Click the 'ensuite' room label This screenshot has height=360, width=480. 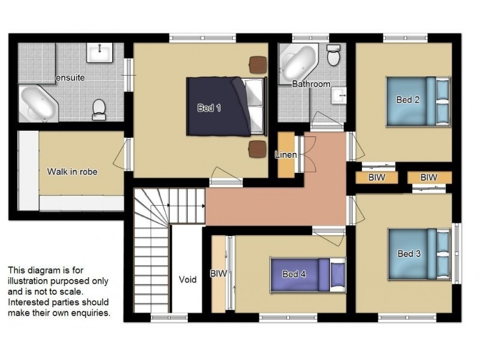point(70,78)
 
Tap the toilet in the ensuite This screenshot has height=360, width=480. point(99,110)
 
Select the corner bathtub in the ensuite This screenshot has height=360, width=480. point(38,103)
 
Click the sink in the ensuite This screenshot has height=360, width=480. point(100,53)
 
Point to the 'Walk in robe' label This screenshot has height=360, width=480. point(72,172)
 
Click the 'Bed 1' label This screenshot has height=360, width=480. point(209,108)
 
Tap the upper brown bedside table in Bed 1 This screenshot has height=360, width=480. point(258,65)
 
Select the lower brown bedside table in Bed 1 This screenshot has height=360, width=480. point(257,149)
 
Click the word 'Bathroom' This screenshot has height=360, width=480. point(311,84)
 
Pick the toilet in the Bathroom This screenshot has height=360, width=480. point(334,55)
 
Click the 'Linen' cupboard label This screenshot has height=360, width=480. point(286,155)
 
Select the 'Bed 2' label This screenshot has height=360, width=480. point(408,100)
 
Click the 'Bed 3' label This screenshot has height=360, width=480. point(409,254)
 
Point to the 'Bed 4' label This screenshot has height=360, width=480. point(294,274)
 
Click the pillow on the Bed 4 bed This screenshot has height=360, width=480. point(337,275)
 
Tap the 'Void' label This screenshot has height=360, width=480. point(188,280)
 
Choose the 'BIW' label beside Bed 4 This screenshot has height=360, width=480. point(218,274)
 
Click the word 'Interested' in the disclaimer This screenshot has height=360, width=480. point(29,302)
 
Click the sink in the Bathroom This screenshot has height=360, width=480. point(339,95)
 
